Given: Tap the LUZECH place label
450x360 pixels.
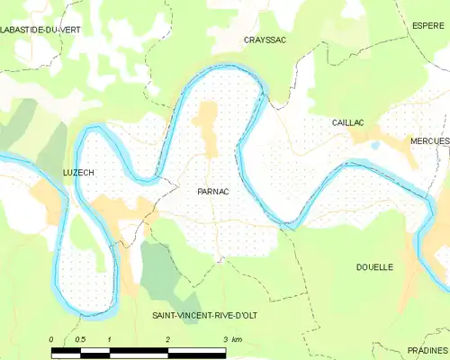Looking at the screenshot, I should [77, 172].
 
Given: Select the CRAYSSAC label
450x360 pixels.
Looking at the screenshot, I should [265, 40].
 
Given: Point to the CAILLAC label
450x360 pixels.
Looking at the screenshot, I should [346, 121].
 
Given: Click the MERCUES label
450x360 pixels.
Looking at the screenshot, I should [430, 142].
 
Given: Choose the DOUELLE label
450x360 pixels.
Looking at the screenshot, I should [374, 267].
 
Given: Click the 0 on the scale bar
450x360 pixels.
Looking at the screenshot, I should [51, 339].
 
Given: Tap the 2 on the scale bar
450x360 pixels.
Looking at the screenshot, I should [167, 339].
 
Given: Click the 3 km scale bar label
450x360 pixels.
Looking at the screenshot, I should [230, 339].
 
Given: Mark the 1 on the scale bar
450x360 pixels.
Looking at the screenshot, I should [109, 339].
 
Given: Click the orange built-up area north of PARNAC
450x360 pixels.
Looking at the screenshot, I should [209, 130].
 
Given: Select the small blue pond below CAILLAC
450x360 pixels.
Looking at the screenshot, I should [374, 145].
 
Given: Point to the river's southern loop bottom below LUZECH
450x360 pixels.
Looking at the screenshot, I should [85, 310].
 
